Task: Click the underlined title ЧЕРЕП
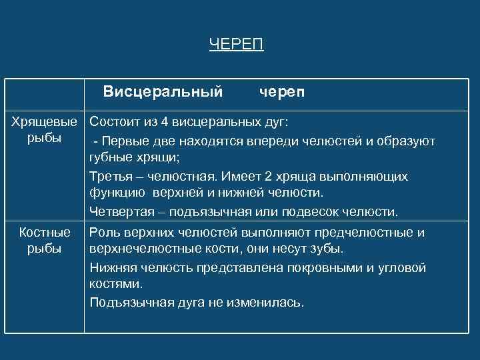point(236,45)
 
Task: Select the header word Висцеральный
point(163,91)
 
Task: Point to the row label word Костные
point(45,232)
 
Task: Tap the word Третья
point(109,177)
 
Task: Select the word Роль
point(104,232)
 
